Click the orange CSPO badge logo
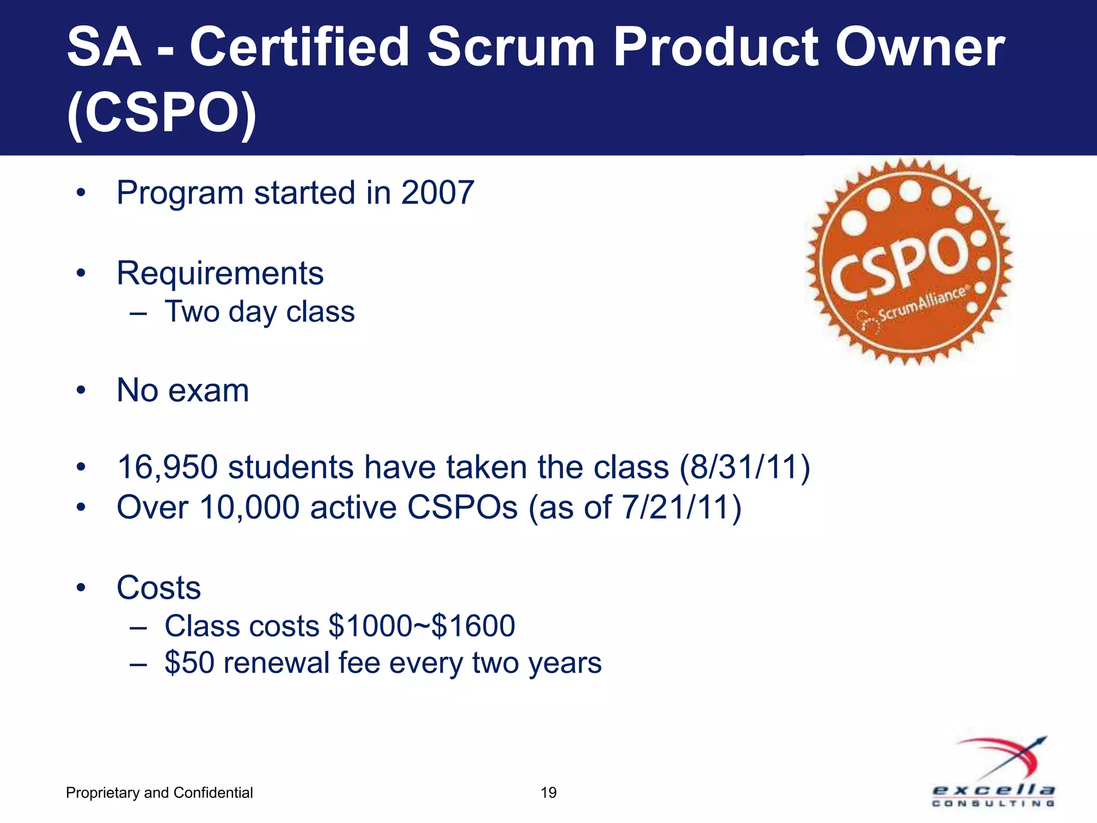909,261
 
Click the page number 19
548,792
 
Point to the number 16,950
167,467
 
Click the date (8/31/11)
745,467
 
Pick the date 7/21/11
674,507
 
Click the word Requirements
220,273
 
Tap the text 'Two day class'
259,312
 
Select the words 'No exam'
183,390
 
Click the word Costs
159,588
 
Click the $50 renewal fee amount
190,663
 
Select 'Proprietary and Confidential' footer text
159,792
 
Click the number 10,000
249,507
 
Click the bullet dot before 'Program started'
81,193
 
